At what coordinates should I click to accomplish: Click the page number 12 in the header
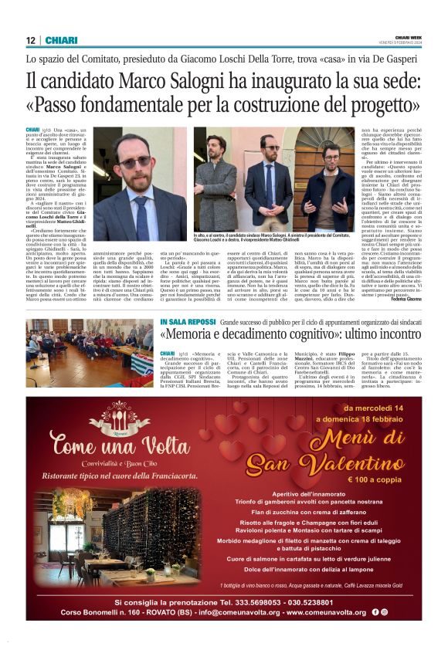pos(31,40)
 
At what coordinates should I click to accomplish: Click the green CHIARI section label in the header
pos(61,40)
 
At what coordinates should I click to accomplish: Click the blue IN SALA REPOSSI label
pos(188,321)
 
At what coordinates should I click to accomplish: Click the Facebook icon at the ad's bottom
pos(375,612)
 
